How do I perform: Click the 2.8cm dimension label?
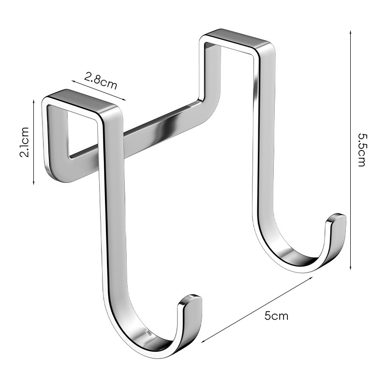click(x=100, y=81)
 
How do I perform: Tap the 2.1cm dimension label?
click(x=25, y=142)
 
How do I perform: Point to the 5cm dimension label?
click(x=276, y=316)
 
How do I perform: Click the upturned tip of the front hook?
click(x=191, y=299)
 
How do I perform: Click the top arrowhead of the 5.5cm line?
click(x=350, y=32)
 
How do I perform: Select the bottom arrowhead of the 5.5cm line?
click(x=350, y=268)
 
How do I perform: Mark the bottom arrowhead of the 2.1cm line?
click(x=34, y=183)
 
